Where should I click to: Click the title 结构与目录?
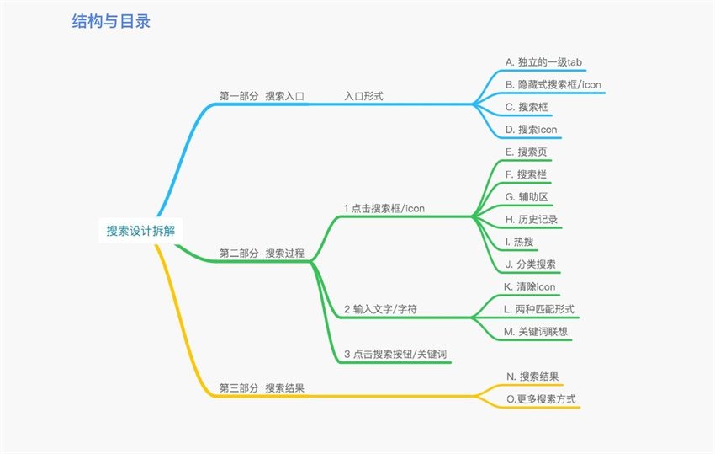click(111, 21)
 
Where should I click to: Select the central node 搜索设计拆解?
click(141, 231)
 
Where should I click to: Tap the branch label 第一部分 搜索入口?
click(262, 96)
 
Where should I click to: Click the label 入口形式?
click(364, 96)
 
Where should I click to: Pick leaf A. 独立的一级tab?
click(543, 62)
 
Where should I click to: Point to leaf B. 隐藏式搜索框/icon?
click(553, 84)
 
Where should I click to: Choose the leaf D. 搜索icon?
click(532, 130)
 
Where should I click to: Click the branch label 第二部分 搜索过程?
click(262, 253)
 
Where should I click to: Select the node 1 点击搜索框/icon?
click(384, 208)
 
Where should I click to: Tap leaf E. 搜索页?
click(527, 152)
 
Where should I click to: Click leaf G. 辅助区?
click(527, 197)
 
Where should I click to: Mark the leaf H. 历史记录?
click(532, 219)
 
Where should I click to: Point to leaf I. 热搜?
click(519, 242)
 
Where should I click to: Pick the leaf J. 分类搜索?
click(531, 264)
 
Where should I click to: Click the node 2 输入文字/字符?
click(381, 309)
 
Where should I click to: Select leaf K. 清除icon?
click(530, 287)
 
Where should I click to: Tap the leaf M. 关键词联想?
click(536, 332)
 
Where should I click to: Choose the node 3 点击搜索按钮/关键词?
click(395, 354)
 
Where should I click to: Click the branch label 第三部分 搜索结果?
click(262, 387)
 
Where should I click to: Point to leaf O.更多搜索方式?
click(541, 398)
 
